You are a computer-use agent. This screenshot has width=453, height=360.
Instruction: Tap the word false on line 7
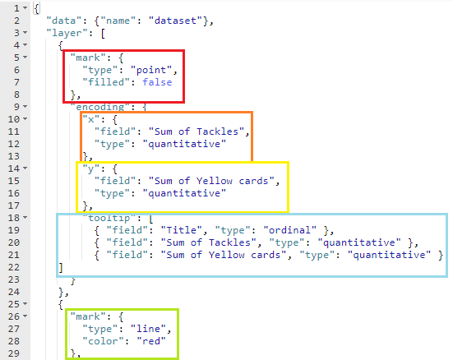click(158, 83)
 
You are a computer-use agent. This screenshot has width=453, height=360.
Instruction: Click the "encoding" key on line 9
click(103, 107)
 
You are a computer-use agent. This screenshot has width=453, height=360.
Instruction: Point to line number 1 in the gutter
click(13, 8)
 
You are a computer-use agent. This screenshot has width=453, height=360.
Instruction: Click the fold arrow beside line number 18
click(27, 218)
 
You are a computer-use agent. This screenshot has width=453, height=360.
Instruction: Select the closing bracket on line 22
click(60, 267)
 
